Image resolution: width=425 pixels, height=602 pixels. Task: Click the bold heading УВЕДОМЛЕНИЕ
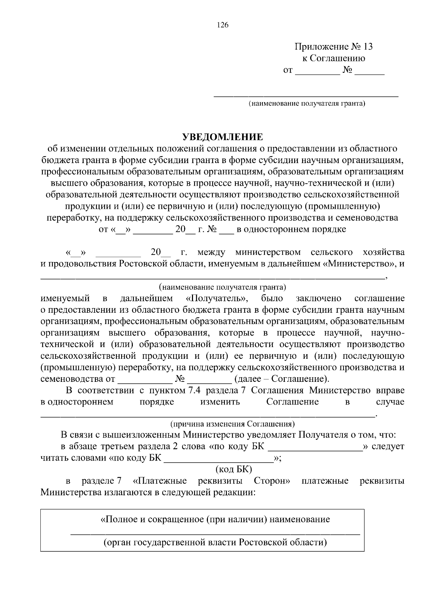(222, 137)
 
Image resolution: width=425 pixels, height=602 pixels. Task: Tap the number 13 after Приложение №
(368, 46)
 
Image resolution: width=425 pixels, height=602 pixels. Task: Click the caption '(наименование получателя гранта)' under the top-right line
(307, 104)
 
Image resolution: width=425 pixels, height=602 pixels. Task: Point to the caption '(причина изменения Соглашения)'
(233, 424)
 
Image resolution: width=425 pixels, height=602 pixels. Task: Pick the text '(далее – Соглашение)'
(282, 379)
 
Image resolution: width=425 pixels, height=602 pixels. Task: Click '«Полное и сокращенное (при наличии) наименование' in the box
(215, 520)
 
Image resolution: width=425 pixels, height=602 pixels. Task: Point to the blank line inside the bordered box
(215, 533)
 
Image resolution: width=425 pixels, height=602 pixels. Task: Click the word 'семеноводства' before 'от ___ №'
(71, 379)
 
